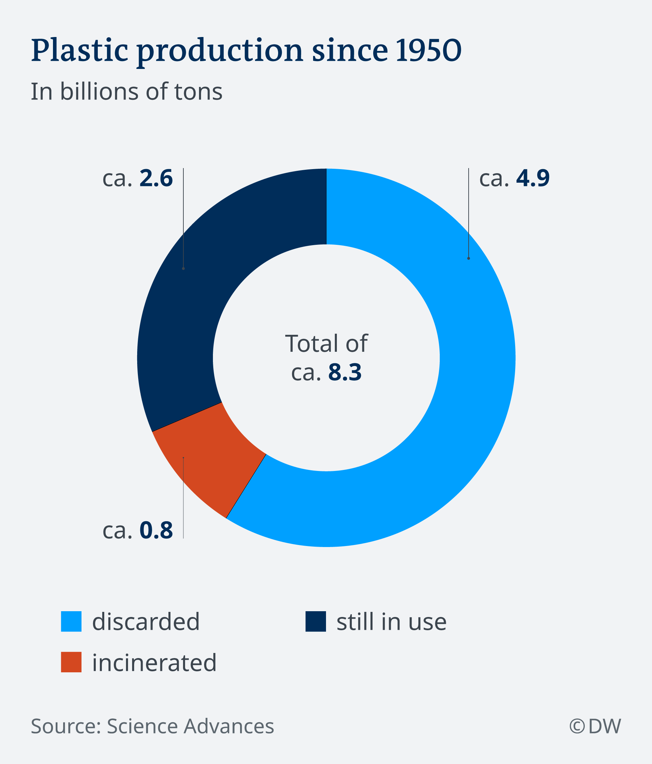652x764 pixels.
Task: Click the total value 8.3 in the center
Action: pos(344,372)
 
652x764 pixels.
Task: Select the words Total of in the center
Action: pos(326,344)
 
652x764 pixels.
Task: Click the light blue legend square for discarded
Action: pos(71,622)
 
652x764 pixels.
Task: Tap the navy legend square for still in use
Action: pos(316,622)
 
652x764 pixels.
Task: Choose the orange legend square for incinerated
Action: pos(71,662)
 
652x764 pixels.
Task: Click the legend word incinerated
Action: pos(154,662)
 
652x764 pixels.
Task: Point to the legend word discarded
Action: pos(146,622)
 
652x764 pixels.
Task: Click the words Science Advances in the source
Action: pos(190,726)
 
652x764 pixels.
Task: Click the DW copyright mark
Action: pos(595,726)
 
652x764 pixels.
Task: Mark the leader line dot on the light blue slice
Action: pos(468,258)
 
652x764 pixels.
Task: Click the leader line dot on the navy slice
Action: pos(183,269)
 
